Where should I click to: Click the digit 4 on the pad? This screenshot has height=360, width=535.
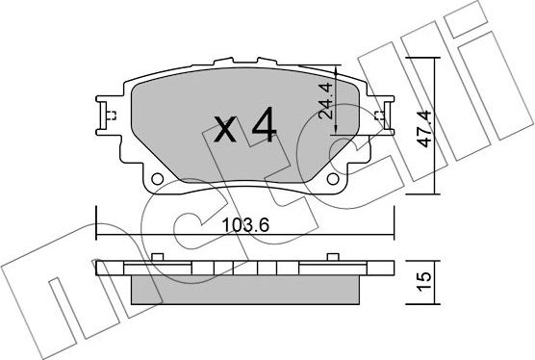[x=261, y=125]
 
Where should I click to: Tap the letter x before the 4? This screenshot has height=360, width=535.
[x=222, y=129]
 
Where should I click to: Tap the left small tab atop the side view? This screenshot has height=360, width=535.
[x=155, y=256]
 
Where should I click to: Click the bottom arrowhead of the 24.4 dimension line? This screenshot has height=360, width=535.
[x=336, y=138]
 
